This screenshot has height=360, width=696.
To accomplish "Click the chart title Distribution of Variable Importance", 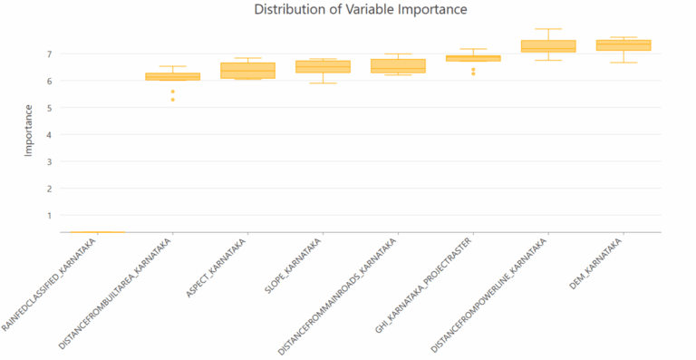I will (361, 10).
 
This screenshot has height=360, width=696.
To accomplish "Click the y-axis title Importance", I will (28, 131).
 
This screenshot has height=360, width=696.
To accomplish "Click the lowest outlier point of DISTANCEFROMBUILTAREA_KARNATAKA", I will (172, 99).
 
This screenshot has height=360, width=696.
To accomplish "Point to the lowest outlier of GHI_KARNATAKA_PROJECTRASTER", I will (473, 73).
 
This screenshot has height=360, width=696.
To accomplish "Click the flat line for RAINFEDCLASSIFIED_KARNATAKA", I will (97, 232).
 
